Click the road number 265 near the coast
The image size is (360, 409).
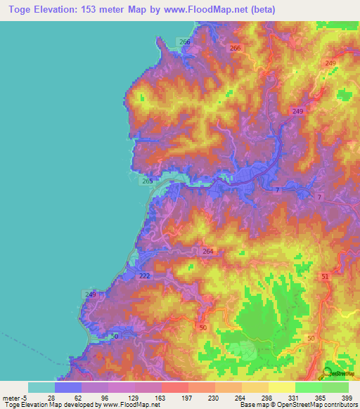pos(148,181)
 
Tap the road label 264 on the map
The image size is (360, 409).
pos(207,251)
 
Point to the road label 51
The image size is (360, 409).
pos(325,278)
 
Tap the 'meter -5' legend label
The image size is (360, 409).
pos(14,397)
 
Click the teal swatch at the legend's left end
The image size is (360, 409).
pos(41,387)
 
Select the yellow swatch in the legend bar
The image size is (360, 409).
pos(281,387)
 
